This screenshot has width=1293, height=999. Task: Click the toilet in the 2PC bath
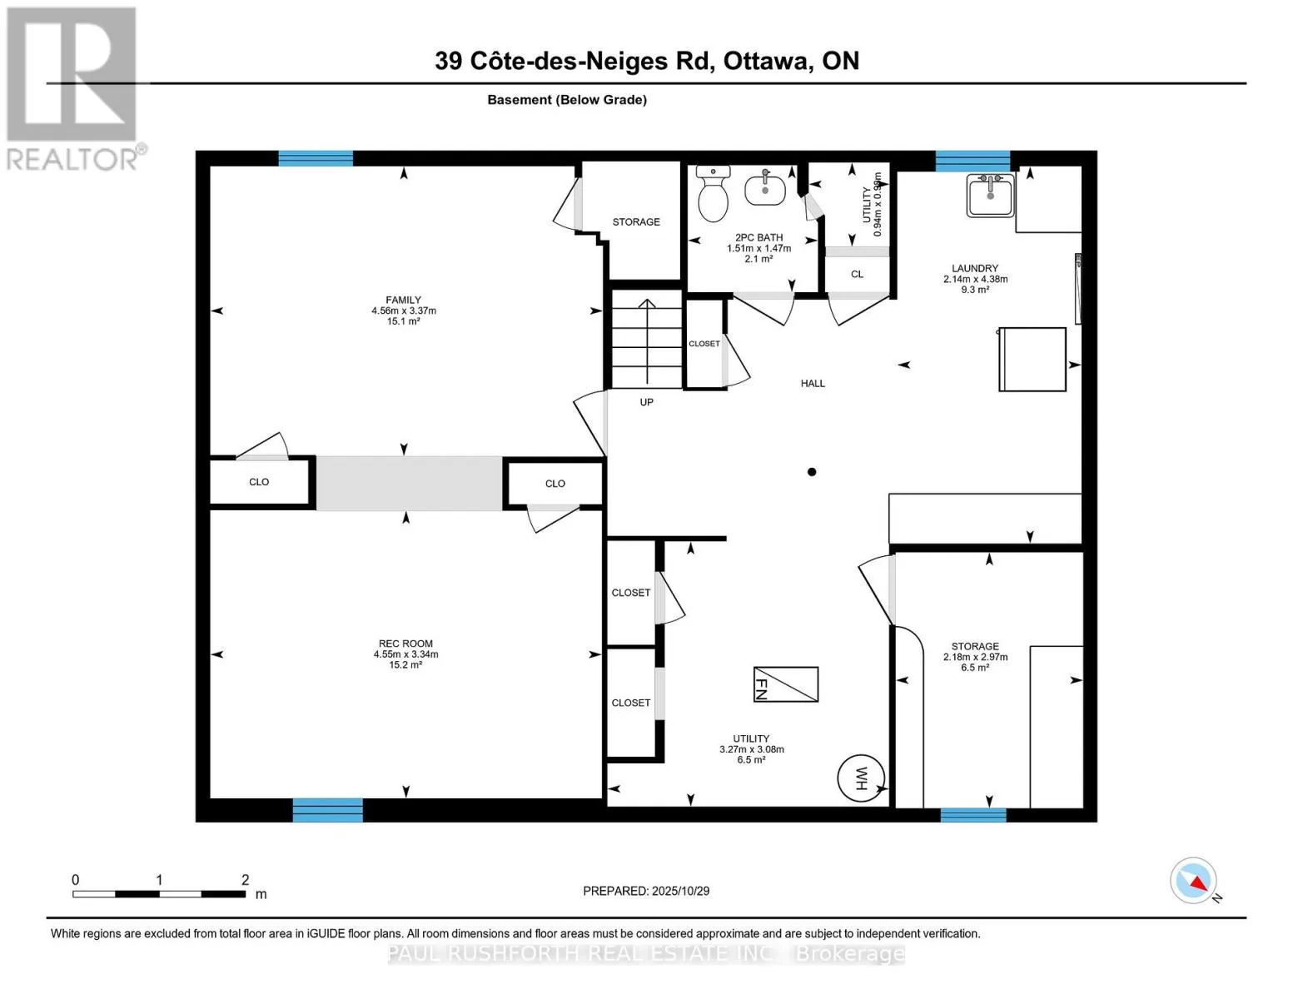click(713, 196)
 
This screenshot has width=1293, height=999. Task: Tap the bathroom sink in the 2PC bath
click(764, 189)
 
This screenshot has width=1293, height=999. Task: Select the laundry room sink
click(990, 196)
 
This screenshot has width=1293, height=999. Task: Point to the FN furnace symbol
click(785, 684)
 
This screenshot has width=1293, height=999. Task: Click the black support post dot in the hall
click(812, 472)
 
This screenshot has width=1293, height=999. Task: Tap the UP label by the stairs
click(646, 402)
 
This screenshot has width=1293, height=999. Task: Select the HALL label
click(813, 384)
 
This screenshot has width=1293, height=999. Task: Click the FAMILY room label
click(403, 300)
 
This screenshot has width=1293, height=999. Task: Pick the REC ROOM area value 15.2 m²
click(405, 665)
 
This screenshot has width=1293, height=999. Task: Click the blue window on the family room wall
click(316, 158)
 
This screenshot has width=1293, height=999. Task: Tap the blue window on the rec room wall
click(327, 809)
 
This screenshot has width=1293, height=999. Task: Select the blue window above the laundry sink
click(972, 161)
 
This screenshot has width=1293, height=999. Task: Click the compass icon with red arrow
click(1194, 881)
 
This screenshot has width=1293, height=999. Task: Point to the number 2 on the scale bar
click(245, 880)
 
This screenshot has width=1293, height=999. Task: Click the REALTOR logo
click(73, 87)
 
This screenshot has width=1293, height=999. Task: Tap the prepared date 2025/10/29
click(680, 891)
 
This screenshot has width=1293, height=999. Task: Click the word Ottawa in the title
click(768, 61)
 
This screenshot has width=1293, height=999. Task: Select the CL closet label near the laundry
click(857, 274)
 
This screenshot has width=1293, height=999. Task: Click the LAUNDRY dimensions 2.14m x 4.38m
click(975, 279)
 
